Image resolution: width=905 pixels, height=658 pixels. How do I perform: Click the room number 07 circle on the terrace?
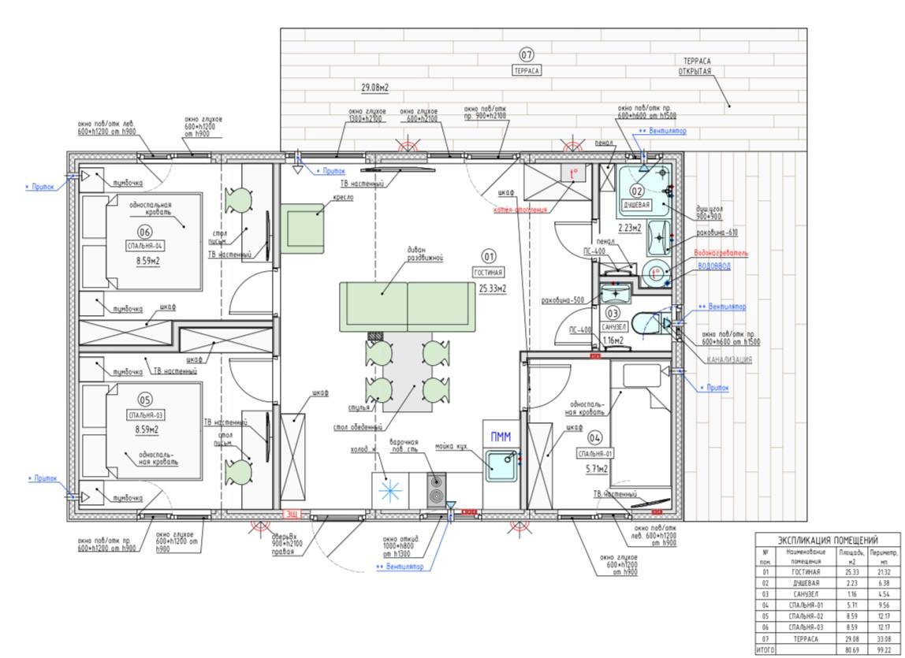(x=527, y=54)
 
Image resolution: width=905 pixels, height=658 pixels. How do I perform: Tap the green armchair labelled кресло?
(x=303, y=228)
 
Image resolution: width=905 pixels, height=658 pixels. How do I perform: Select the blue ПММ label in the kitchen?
(x=500, y=437)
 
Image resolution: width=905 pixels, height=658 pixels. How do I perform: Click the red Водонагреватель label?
(x=721, y=253)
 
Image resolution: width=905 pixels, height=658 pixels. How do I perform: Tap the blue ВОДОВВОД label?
(x=714, y=266)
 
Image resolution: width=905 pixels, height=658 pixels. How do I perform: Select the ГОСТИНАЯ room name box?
(x=489, y=272)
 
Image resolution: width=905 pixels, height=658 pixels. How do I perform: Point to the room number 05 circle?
(x=145, y=400)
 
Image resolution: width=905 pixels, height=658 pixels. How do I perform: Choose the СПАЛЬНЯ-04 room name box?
(x=145, y=246)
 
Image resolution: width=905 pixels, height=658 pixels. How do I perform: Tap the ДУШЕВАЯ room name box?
(x=636, y=204)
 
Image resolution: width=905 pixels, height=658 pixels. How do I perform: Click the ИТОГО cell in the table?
(x=764, y=650)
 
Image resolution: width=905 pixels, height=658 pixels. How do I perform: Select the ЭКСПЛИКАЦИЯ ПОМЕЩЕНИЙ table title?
(x=828, y=540)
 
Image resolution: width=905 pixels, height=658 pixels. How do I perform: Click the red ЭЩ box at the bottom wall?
(x=292, y=514)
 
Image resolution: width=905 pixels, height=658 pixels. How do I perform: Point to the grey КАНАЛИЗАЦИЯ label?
(x=729, y=359)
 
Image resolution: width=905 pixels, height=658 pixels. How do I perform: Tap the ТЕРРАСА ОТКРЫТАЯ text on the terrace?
(x=696, y=66)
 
